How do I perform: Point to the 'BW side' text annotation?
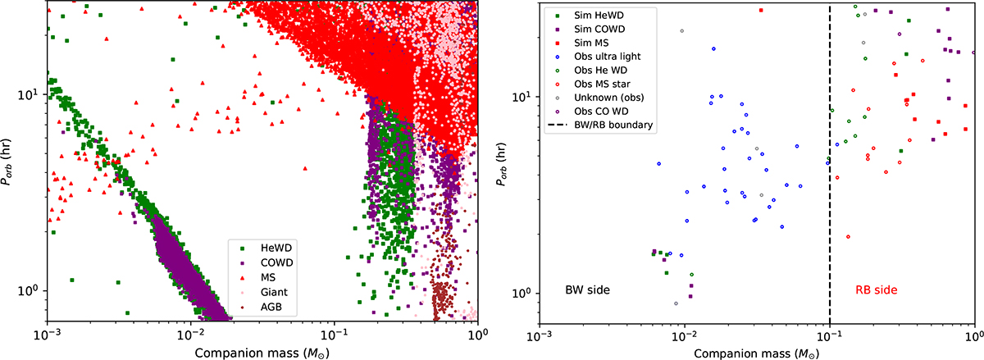(587, 290)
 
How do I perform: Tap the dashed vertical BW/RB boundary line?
(830, 205)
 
